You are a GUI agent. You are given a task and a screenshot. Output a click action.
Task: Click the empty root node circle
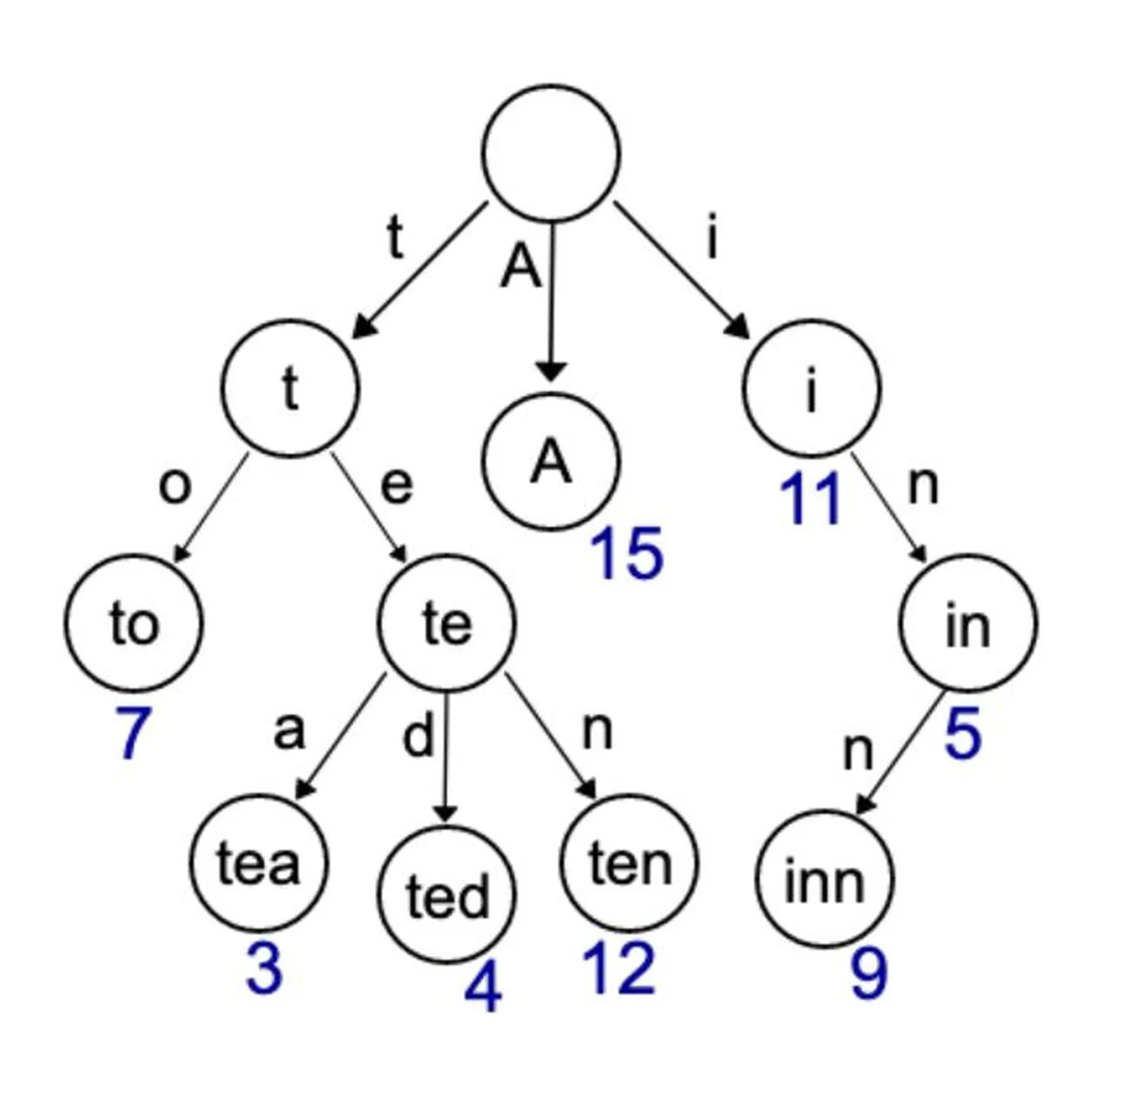tap(551, 153)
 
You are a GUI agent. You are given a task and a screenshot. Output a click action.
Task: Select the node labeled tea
tap(258, 863)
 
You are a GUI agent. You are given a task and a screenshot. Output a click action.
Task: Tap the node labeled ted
tap(447, 896)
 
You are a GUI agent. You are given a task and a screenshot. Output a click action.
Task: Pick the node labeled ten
tap(629, 863)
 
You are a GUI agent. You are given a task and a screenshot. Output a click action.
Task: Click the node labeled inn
tap(824, 880)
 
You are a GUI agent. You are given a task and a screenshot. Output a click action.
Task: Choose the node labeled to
tap(133, 623)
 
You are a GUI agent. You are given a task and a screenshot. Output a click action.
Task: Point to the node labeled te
tap(446, 623)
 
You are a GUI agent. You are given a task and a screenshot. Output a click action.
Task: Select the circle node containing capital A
tap(551, 462)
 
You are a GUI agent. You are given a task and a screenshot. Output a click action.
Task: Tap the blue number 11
tap(809, 500)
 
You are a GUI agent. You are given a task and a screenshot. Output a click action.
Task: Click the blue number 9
tap(868, 975)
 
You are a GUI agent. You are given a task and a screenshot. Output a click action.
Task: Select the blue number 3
tap(264, 969)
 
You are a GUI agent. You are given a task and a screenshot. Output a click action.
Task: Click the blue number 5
tap(963, 735)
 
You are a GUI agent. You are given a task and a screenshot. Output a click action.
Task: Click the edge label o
tap(174, 486)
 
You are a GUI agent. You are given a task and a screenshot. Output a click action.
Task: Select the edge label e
tap(396, 485)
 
